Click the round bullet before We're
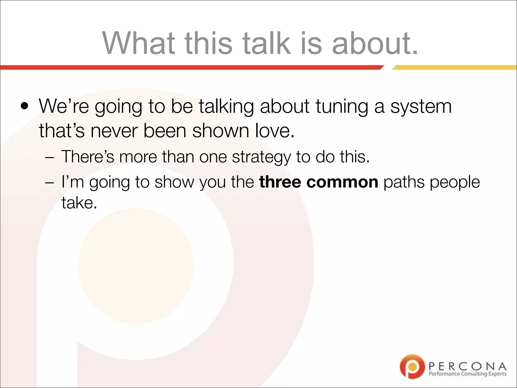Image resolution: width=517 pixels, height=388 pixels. click(x=25, y=106)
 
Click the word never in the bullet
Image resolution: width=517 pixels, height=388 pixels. click(x=114, y=131)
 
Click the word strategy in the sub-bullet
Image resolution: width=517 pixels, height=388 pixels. click(x=261, y=157)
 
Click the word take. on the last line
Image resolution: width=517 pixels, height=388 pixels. click(x=79, y=203)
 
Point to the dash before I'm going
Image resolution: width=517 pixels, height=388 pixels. click(x=49, y=183)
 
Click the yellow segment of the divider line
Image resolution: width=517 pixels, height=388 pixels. click(x=454, y=67)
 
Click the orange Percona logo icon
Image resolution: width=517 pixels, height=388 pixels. click(x=412, y=366)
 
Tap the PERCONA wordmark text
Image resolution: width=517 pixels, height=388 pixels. click(x=467, y=366)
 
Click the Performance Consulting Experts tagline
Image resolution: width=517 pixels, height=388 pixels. click(x=467, y=374)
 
